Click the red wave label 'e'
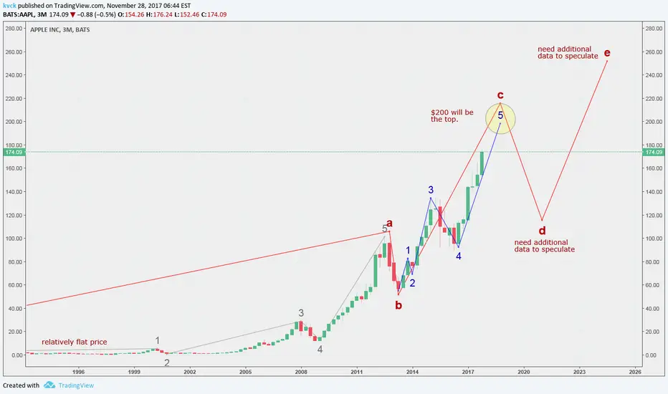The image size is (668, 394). (x=607, y=53)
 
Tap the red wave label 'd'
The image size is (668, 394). (x=542, y=231)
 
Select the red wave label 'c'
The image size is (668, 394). (x=500, y=95)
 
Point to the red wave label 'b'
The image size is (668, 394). (x=399, y=305)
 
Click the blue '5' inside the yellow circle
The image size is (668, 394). (x=500, y=115)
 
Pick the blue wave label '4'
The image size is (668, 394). (x=459, y=256)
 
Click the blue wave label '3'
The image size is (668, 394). (x=431, y=190)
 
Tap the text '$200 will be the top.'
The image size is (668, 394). (x=452, y=116)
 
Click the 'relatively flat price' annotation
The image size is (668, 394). (x=74, y=342)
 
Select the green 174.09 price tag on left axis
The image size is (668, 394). (x=14, y=152)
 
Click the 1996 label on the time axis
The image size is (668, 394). (x=79, y=372)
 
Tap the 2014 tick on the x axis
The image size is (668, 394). (x=412, y=372)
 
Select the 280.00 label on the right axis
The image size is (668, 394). (x=652, y=29)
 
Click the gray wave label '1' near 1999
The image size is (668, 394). (x=158, y=341)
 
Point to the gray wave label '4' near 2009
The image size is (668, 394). (x=320, y=350)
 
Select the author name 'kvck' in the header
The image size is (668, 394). (x=11, y=4)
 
